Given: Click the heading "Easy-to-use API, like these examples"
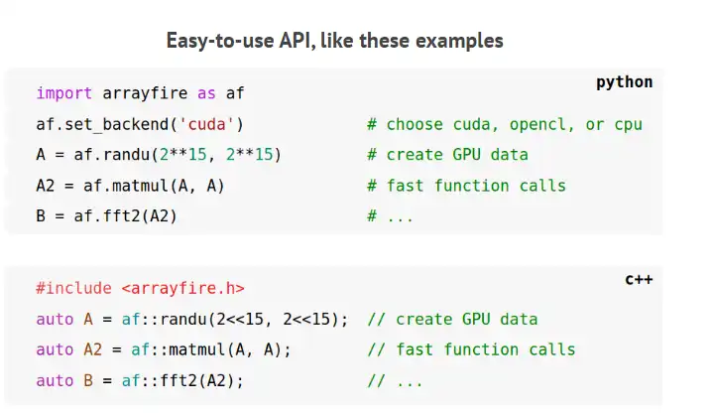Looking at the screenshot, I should (334, 41).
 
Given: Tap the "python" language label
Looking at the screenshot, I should (624, 82).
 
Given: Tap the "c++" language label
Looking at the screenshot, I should (638, 280).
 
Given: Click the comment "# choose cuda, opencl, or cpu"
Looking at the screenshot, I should (504, 124).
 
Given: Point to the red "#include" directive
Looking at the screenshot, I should (74, 288).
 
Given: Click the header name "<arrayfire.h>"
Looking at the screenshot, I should (183, 288).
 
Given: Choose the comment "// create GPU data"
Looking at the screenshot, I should (452, 319).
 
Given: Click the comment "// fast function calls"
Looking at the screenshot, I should (471, 349).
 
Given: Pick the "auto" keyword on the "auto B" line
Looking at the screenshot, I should (55, 380).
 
